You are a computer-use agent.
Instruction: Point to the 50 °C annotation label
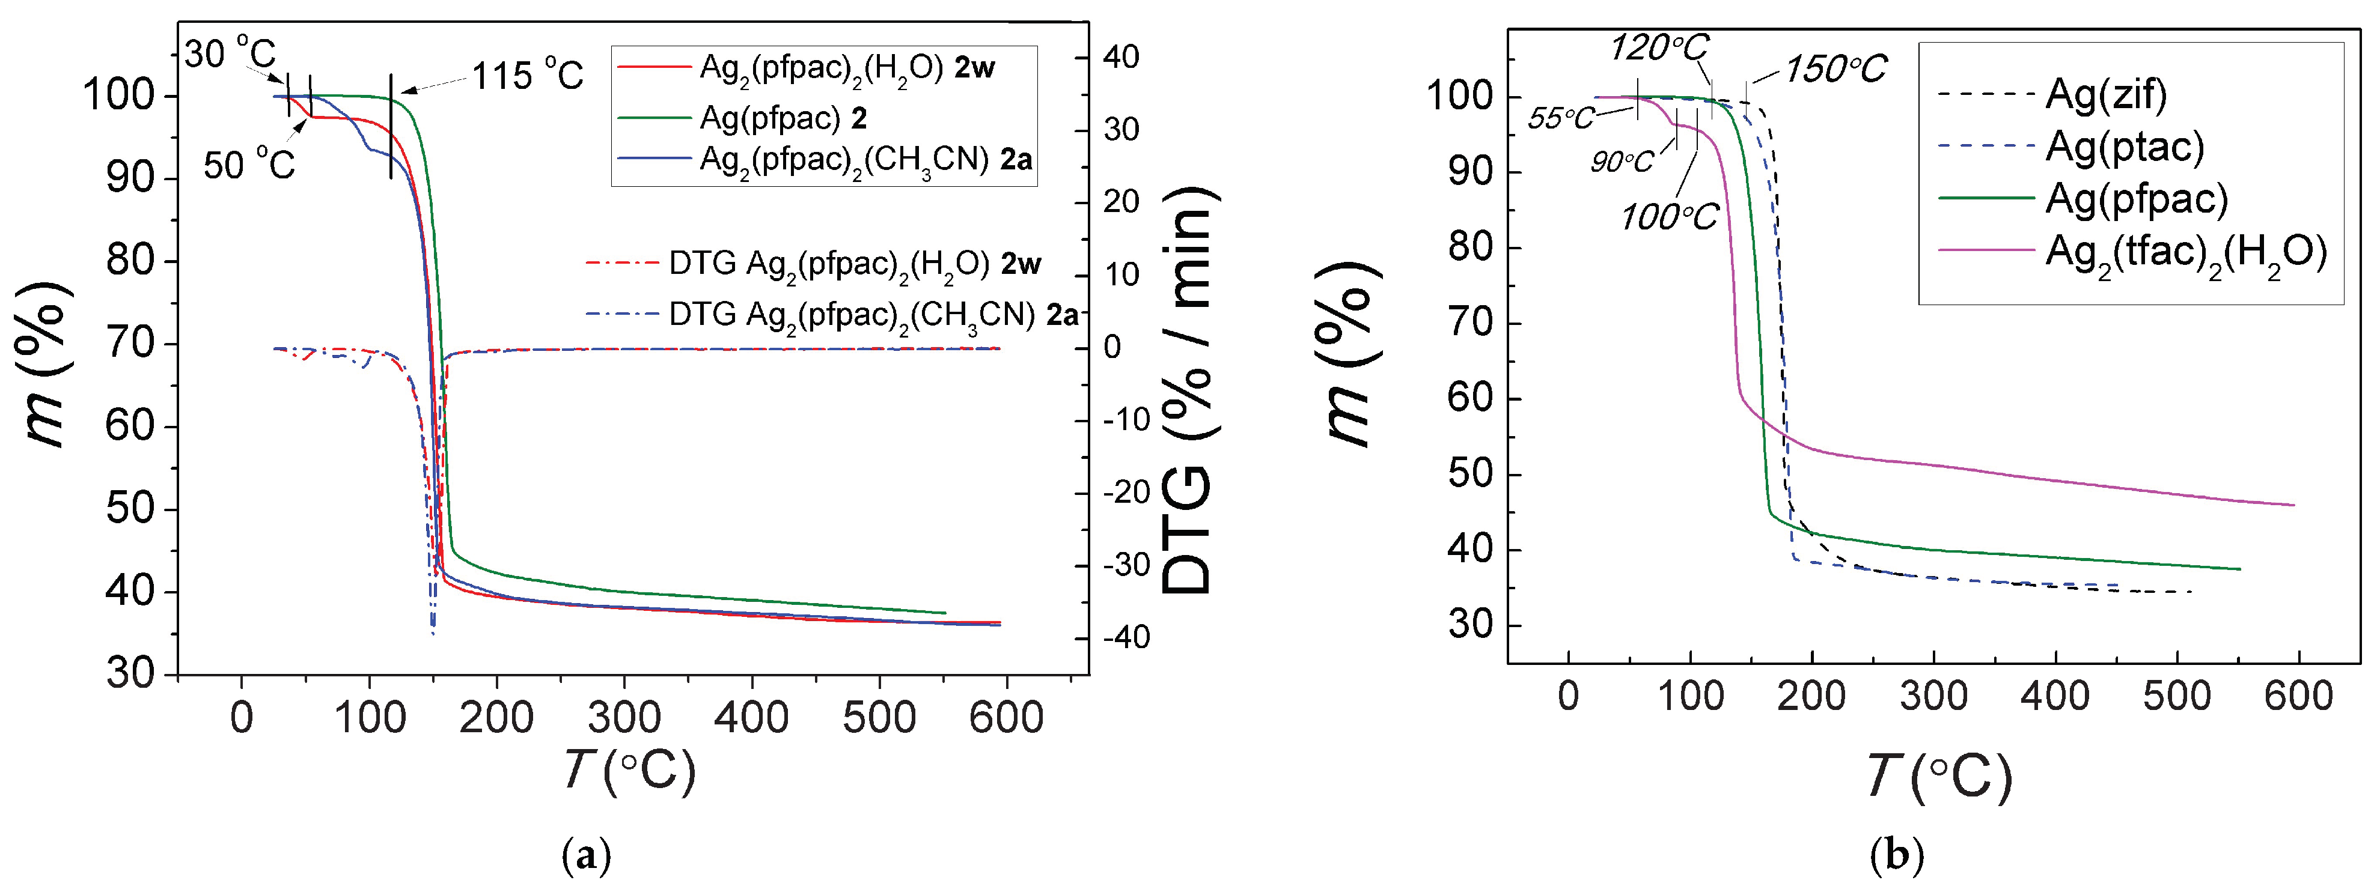(x=249, y=165)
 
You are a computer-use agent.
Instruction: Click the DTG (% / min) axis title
(x=1187, y=388)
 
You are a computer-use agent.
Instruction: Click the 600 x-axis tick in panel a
(x=1005, y=717)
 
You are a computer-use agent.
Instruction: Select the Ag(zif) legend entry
(x=2107, y=94)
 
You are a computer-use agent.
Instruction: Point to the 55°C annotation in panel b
(x=1560, y=118)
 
